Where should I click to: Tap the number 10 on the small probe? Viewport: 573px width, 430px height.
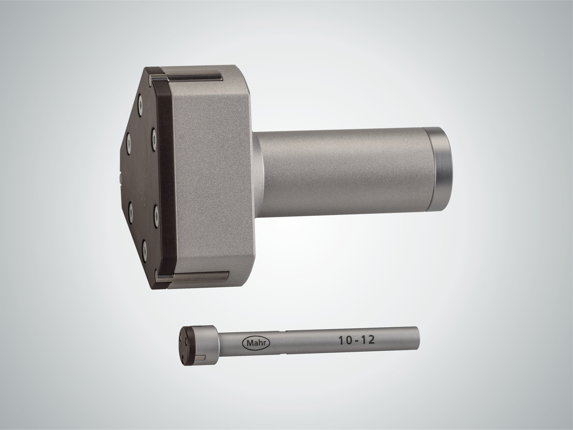point(342,340)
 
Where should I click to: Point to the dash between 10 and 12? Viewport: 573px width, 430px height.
point(355,340)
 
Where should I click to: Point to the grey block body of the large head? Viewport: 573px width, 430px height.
point(210,175)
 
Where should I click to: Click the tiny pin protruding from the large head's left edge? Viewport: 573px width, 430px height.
point(121,181)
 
